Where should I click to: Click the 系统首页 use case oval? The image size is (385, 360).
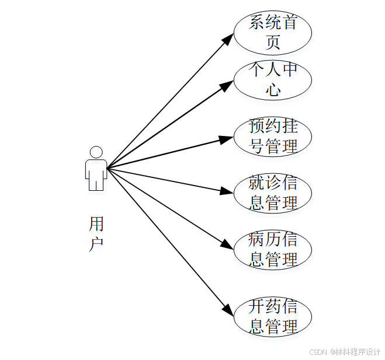(272, 32)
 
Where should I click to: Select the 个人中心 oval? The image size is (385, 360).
(272, 80)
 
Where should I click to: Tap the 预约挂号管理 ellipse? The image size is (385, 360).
(272, 136)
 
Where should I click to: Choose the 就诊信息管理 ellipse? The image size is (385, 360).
(272, 193)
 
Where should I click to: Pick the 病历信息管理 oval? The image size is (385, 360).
(272, 249)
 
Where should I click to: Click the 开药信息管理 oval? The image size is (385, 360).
(272, 317)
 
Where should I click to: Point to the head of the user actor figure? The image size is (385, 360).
(96, 152)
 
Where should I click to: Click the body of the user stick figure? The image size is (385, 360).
(96, 173)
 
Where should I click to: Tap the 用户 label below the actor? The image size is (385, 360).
(96, 233)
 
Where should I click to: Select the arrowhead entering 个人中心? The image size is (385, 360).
(228, 85)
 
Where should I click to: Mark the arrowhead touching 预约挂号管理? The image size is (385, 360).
(227, 139)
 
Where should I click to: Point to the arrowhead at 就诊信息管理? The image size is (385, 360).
(227, 190)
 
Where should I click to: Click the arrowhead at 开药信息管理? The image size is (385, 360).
(228, 310)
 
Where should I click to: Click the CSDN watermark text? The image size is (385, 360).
(317, 352)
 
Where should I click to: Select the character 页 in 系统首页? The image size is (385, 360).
(273, 42)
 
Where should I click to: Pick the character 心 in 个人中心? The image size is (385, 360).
(273, 90)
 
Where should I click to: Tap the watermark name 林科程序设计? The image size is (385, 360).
(357, 352)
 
